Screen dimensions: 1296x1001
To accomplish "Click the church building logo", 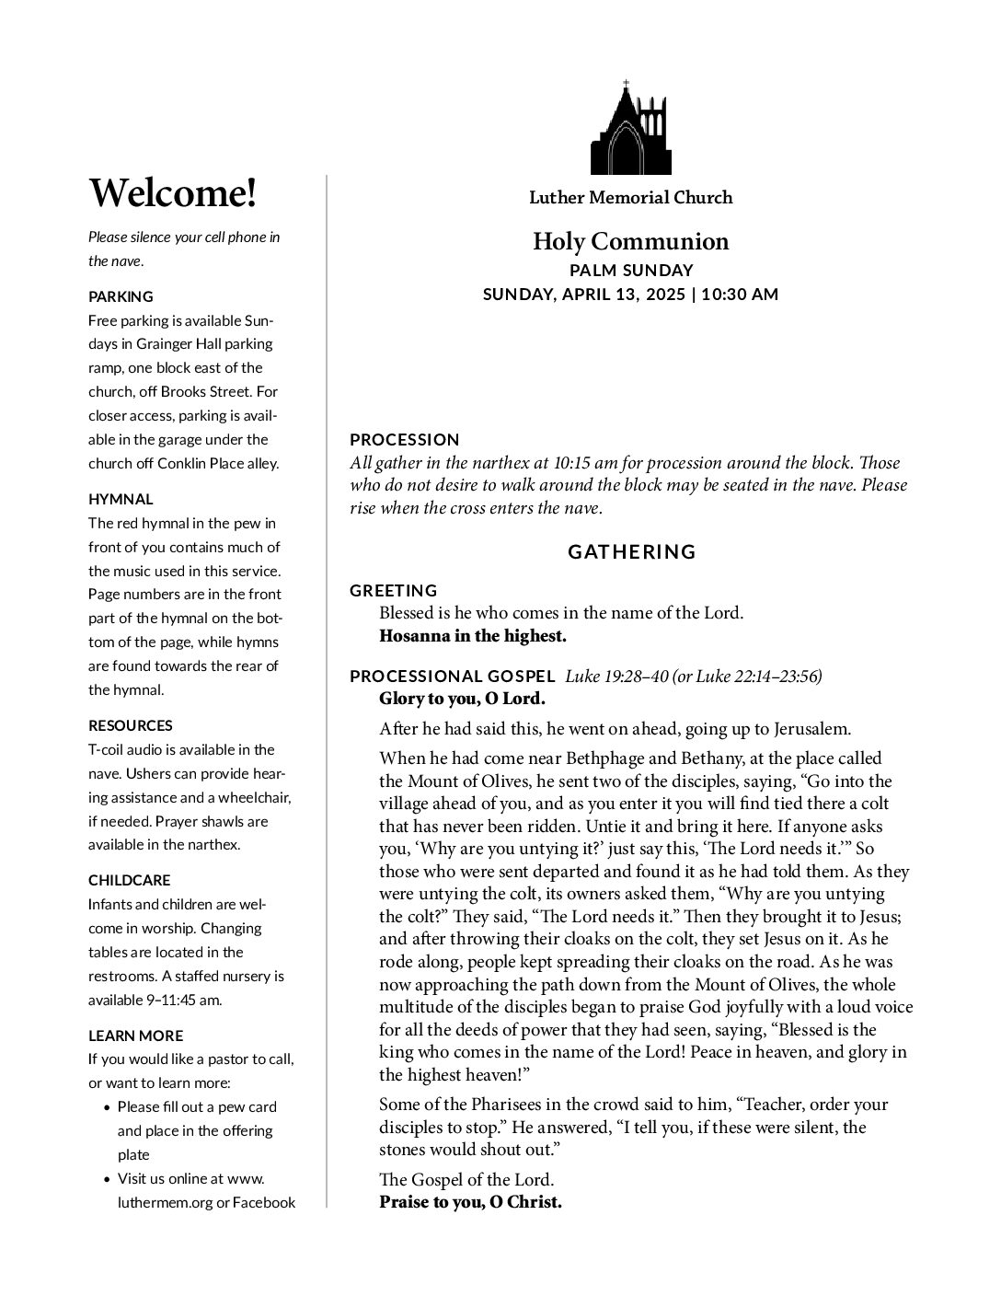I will click(630, 133).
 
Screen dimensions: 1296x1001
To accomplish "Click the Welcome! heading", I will click(172, 193).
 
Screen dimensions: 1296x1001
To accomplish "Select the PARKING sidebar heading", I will click(121, 296).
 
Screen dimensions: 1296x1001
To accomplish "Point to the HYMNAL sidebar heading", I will click(121, 499).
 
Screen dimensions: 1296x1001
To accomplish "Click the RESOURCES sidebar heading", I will click(130, 725).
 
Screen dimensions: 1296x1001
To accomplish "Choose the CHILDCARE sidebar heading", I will click(129, 880).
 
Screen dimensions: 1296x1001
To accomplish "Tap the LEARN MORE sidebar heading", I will click(135, 1036).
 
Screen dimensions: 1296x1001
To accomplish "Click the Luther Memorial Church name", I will click(630, 198).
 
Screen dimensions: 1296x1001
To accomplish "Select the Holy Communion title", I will click(630, 242).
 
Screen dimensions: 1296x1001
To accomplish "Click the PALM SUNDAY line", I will click(630, 271).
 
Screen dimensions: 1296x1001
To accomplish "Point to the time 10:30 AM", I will click(740, 295).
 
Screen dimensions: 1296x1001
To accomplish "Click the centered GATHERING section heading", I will click(631, 552).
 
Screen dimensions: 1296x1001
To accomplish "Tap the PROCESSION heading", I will click(404, 440).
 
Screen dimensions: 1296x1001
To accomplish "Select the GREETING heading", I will click(393, 591).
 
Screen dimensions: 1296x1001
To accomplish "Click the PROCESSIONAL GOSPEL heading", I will click(452, 677).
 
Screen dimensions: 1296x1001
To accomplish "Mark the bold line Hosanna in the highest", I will click(473, 636).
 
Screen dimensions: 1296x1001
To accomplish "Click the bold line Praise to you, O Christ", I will click(470, 1202).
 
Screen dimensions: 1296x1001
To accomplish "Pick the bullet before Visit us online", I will click(108, 1179).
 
